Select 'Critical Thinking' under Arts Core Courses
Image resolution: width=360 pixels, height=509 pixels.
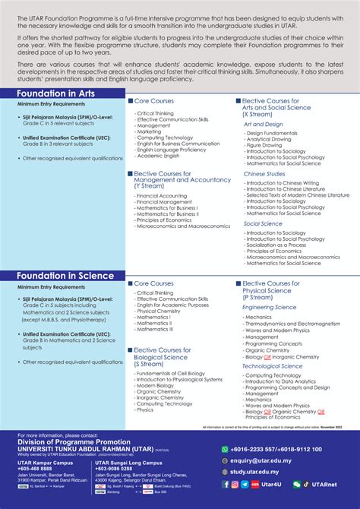[154, 113]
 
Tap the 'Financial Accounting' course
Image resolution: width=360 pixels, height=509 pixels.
[161, 196]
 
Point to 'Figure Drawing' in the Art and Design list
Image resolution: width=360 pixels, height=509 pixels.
[264, 145]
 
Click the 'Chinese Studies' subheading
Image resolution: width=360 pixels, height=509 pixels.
[264, 173]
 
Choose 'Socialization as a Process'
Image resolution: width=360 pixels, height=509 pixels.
[276, 245]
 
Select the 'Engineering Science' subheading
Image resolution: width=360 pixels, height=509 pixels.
[269, 307]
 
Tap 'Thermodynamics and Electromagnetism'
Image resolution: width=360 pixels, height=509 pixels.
[287, 324]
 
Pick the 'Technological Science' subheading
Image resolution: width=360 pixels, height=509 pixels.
[273, 366]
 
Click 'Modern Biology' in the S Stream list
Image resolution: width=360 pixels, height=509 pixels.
[155, 385]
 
